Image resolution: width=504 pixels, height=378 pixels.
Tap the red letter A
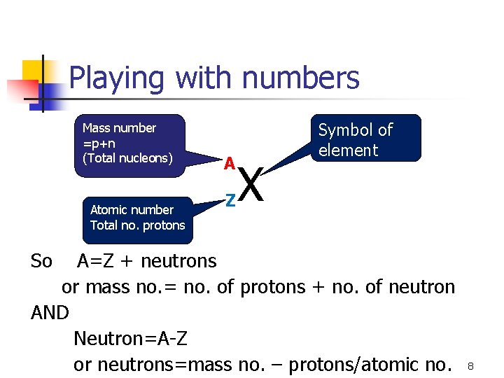click(x=228, y=164)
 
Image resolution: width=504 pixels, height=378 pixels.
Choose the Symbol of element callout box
click(x=367, y=138)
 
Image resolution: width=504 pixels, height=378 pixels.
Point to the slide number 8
click(x=471, y=366)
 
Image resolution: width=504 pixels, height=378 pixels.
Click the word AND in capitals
click(x=50, y=313)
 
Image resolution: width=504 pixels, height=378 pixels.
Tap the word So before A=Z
click(x=41, y=261)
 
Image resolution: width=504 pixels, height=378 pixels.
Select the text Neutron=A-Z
click(x=130, y=339)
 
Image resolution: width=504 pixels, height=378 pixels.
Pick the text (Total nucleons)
click(x=127, y=158)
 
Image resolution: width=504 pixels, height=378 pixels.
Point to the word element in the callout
click(x=348, y=150)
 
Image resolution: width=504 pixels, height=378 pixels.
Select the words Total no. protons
click(x=137, y=225)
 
